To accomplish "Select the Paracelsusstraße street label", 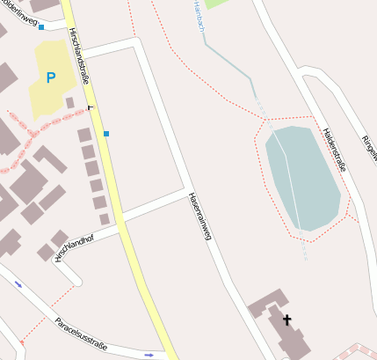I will coord(81,334).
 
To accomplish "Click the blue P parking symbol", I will coord(51,77).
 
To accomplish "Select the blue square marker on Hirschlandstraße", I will coord(106,134).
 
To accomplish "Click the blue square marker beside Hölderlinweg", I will coord(40,27).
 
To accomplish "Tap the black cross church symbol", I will coord(286,320).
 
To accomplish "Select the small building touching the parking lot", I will coord(69,103).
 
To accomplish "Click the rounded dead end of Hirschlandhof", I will coord(77,281).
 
